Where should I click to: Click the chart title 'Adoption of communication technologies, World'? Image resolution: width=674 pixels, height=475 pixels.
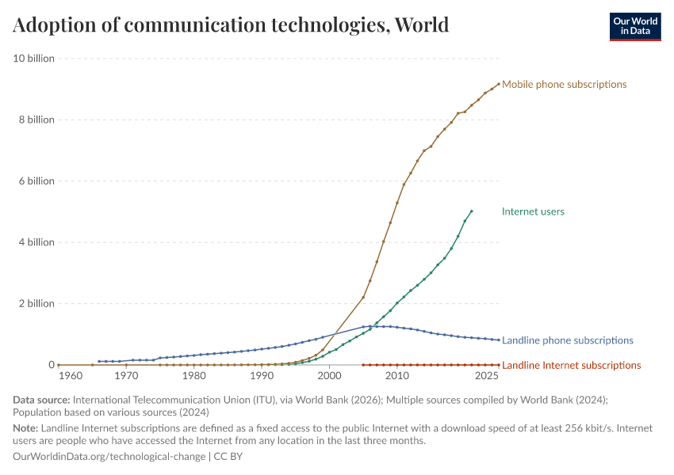point(231,25)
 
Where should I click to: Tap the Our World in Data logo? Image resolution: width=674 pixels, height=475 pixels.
point(634,26)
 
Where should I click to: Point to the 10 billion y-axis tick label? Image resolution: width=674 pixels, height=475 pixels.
point(33,58)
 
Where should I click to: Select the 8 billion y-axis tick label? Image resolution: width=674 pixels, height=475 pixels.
point(35,120)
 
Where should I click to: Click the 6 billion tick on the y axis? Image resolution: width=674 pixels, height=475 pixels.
point(35,180)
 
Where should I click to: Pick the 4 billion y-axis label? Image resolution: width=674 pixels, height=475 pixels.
point(35,242)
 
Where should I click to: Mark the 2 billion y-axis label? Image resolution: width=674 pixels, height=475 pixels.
point(35,303)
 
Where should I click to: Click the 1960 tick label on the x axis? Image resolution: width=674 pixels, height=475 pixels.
point(71,376)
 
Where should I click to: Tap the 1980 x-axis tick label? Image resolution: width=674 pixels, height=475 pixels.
point(194,376)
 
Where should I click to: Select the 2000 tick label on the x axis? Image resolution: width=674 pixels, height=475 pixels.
point(330,376)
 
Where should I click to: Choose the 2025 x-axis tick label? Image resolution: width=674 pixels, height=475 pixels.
point(486,376)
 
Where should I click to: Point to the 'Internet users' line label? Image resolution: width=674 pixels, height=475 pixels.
point(533,211)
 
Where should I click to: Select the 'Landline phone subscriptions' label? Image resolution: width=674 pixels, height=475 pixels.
point(568,340)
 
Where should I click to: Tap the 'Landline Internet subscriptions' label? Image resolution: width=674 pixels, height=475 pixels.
point(571,365)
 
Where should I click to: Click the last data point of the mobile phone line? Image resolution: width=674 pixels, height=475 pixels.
point(498,83)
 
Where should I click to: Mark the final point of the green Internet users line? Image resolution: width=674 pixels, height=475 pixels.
point(472,211)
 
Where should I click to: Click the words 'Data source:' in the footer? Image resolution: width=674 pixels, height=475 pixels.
point(40,401)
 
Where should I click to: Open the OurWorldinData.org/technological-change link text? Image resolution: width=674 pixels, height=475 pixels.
point(109,457)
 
